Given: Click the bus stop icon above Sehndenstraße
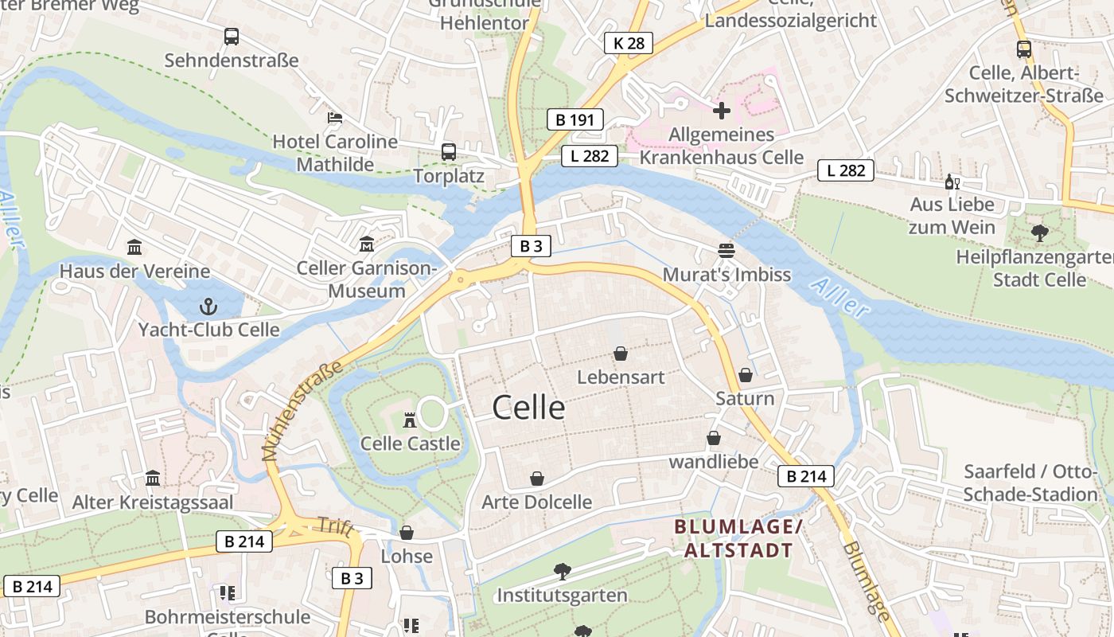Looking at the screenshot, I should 231,36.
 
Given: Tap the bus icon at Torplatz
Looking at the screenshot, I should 449,151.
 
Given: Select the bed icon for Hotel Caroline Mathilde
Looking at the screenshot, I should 335,118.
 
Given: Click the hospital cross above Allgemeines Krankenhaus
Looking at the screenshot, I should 722,110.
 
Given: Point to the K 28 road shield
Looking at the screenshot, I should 628,43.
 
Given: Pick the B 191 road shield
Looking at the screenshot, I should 575,120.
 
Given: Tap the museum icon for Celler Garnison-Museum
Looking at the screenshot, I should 367,244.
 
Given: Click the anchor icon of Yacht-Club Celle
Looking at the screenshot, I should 208,306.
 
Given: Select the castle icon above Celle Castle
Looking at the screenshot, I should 411,420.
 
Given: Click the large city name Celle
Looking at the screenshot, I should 528,408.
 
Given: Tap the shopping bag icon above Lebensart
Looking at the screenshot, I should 621,354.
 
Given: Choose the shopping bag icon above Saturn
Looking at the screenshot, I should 746,374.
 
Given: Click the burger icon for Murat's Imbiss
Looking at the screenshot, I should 726,251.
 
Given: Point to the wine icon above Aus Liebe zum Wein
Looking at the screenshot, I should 952,182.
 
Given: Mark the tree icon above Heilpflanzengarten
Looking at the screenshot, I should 1039,233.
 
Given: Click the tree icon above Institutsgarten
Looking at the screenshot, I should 563,571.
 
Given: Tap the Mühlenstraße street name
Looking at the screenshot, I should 302,410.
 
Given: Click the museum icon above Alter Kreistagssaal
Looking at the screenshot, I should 153,479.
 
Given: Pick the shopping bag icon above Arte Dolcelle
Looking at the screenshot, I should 537,479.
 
